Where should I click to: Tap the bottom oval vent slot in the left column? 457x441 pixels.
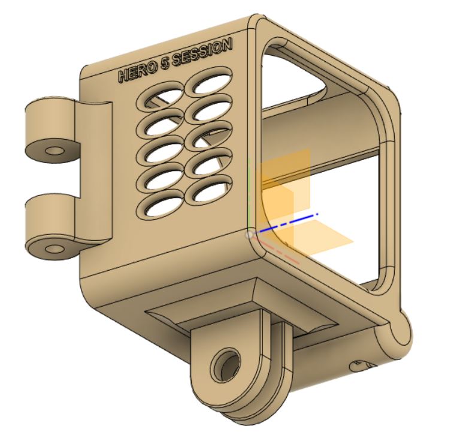point(160,207)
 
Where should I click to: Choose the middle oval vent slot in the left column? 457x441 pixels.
point(161,153)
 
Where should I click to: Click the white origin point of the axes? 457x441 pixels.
point(250,234)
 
